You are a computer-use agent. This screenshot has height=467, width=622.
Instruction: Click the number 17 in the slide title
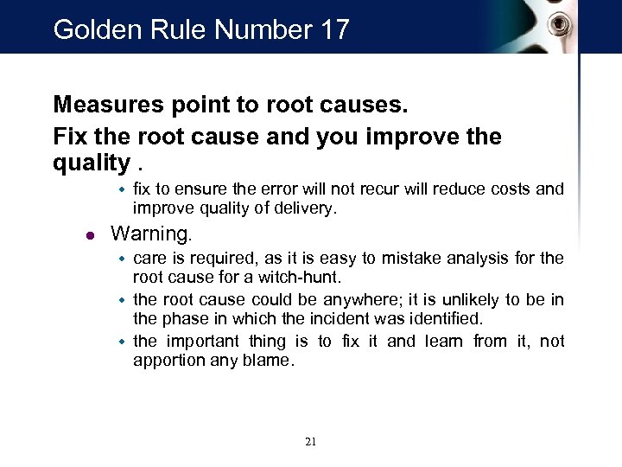[333, 29]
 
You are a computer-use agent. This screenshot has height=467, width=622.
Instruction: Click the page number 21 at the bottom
[311, 442]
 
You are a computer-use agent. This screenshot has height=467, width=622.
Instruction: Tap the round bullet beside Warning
[91, 233]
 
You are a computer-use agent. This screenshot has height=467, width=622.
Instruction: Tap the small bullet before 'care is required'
[123, 258]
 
